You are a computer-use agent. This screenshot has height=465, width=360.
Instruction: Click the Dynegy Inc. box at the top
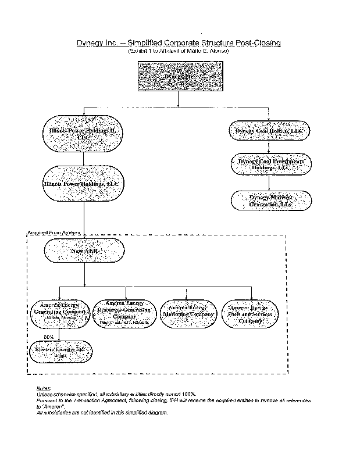click(177, 76)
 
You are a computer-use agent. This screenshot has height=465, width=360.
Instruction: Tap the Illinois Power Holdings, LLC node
click(84, 184)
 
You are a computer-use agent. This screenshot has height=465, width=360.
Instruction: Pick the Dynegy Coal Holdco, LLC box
click(269, 132)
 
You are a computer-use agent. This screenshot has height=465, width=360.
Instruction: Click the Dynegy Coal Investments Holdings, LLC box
click(270, 164)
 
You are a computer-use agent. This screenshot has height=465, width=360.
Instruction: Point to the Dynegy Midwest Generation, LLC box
click(271, 201)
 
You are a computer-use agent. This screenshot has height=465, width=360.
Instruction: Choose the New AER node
click(84, 251)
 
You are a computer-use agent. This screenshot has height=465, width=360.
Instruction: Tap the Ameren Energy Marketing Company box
click(187, 314)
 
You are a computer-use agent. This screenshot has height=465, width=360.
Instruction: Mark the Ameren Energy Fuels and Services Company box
click(252, 314)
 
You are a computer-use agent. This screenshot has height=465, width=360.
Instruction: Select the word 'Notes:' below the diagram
click(44, 388)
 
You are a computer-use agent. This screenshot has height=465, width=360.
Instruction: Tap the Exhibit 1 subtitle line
click(178, 51)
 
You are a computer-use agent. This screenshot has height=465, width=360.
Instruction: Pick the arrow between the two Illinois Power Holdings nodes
click(84, 159)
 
